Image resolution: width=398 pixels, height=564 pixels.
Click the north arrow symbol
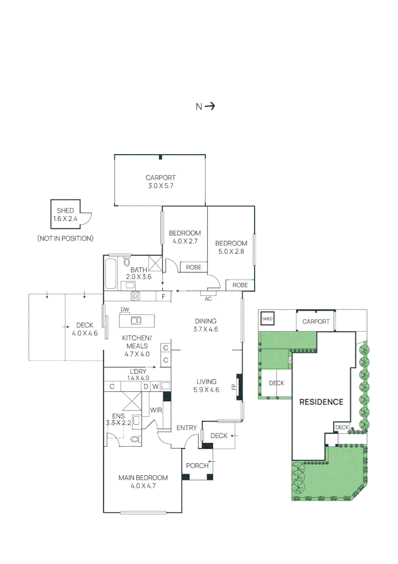pos(210,107)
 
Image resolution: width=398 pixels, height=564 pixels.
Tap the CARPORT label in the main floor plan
pos(160,178)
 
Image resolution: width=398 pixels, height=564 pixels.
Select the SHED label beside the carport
pos(65,210)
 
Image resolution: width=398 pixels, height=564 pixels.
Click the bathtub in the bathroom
pos(111,274)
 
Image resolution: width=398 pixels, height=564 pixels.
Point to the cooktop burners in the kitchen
pos(135,296)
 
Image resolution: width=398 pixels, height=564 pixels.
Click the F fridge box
pos(164,297)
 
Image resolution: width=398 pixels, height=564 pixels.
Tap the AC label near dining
pos(208,299)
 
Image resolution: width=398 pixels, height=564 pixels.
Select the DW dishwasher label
pos(124,310)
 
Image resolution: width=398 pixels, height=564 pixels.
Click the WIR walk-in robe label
pos(156,410)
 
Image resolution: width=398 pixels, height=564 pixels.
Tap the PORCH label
pos(197,465)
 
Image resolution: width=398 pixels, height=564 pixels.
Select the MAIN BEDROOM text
pos(143,477)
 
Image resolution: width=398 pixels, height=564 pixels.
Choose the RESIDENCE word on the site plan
pos(321,402)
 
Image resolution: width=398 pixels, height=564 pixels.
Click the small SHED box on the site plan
pos(267,318)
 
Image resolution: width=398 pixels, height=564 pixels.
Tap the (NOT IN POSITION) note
pos(65,238)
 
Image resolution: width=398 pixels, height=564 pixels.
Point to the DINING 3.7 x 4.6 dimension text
pos(206,329)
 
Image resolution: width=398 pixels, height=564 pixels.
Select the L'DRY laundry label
pos(138,372)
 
